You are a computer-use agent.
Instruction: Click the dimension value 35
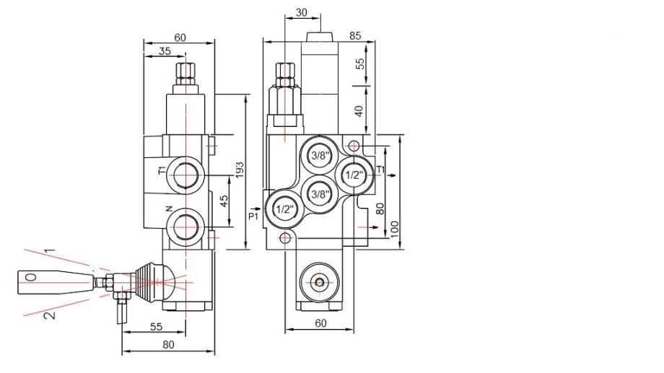pyautogui.click(x=165, y=51)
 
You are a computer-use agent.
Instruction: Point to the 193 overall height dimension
pyautogui.click(x=240, y=170)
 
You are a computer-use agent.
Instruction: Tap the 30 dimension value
pyautogui.click(x=301, y=13)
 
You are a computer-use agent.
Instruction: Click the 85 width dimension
pyautogui.click(x=355, y=36)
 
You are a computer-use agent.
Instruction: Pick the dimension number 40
pyautogui.click(x=359, y=111)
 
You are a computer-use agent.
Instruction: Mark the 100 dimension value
pyautogui.click(x=395, y=229)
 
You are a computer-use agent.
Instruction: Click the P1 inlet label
pyautogui.click(x=253, y=216)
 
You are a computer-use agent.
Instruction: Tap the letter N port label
pyautogui.click(x=169, y=209)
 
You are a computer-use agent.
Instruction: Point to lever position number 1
pyautogui.click(x=50, y=251)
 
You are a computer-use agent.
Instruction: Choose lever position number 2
pyautogui.click(x=50, y=315)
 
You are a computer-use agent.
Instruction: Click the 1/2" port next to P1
pyautogui.click(x=284, y=209)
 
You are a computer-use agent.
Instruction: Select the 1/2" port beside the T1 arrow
pyautogui.click(x=354, y=175)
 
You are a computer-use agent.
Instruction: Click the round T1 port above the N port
pyautogui.click(x=185, y=175)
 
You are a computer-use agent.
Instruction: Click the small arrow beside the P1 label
pyautogui.click(x=256, y=209)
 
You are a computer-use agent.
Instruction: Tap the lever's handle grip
pyautogui.click(x=55, y=282)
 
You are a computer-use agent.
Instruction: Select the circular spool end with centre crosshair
pyautogui.click(x=320, y=282)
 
